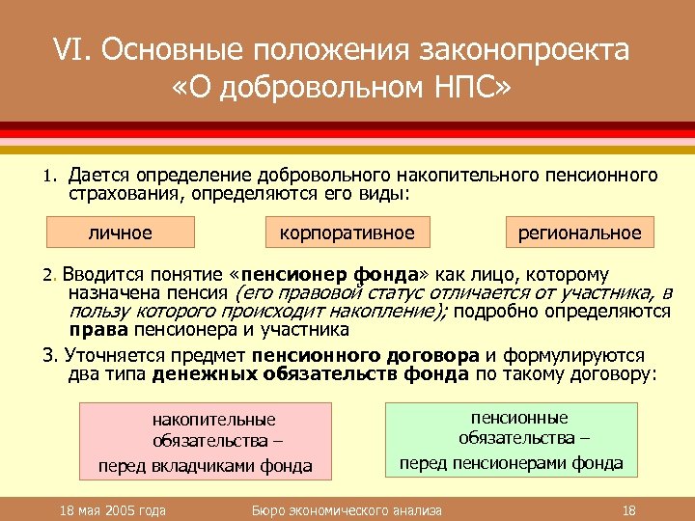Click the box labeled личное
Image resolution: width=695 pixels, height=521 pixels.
point(121,233)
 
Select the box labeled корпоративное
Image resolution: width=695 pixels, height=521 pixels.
point(347,233)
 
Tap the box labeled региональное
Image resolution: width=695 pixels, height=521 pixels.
point(579,233)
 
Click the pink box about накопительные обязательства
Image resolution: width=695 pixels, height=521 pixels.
point(206,442)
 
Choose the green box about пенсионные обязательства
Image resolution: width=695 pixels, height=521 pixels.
point(512,440)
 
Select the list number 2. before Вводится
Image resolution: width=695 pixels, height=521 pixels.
point(52,276)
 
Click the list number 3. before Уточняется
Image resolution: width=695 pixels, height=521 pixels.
point(52,354)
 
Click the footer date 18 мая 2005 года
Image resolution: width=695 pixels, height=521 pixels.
point(113,510)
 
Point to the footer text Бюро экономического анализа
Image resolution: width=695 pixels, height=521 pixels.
point(347,510)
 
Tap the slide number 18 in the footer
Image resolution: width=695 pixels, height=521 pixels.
point(628,510)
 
